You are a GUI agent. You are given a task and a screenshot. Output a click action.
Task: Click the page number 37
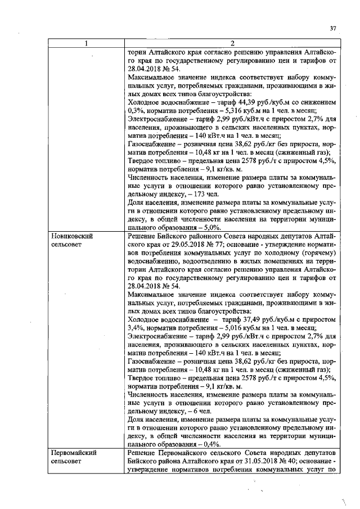point(332,29)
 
